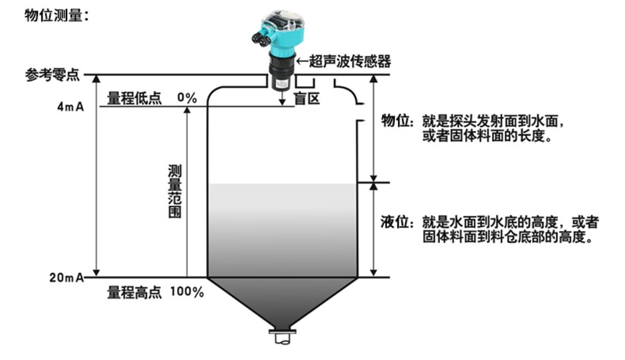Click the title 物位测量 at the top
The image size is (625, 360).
coord(53,15)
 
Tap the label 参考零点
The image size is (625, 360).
coord(53,75)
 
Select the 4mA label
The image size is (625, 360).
coord(71,107)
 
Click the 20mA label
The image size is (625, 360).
coord(67,278)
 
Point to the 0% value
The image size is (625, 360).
coord(187,98)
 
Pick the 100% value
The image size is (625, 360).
coord(186,292)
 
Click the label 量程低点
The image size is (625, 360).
coord(135,98)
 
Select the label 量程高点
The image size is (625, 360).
coord(135,292)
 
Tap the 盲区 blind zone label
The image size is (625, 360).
coord(307,98)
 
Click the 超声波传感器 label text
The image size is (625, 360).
coord(350,61)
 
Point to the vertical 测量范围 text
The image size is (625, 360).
coord(175,191)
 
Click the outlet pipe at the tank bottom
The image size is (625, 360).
coord(282,337)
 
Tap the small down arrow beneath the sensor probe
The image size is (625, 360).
coord(282,98)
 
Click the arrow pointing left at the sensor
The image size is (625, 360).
coord(302,62)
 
